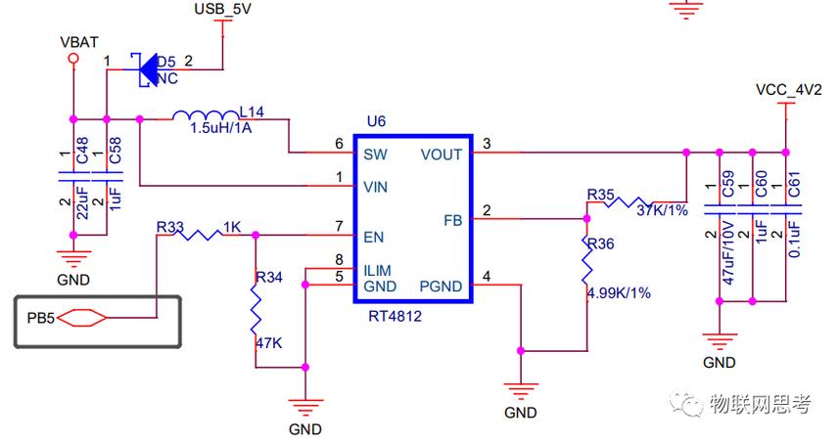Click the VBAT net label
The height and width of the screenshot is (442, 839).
(x=79, y=42)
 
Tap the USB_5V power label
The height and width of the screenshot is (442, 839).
(x=222, y=9)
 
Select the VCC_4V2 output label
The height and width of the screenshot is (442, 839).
(x=788, y=89)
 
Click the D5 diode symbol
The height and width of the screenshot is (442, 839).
(x=146, y=69)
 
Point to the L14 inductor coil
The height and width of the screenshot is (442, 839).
(x=206, y=115)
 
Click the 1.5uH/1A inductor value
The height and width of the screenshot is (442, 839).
(x=221, y=128)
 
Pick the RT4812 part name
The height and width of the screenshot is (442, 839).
(x=395, y=316)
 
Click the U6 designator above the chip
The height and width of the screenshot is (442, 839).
(x=376, y=121)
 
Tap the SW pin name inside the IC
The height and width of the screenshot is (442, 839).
(x=375, y=155)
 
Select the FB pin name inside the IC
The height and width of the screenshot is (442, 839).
(x=452, y=220)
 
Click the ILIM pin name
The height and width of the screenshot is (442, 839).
(x=377, y=271)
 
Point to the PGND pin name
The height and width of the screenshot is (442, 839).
(x=441, y=287)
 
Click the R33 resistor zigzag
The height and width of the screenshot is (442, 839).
(x=197, y=234)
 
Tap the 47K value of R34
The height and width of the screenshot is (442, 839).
(x=268, y=342)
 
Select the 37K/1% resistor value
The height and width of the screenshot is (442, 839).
(x=662, y=210)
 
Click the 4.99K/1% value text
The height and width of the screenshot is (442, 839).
(x=619, y=293)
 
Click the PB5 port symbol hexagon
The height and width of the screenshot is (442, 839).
(x=81, y=318)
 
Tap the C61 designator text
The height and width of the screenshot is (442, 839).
(x=794, y=185)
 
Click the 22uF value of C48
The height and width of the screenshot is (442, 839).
(x=82, y=203)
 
